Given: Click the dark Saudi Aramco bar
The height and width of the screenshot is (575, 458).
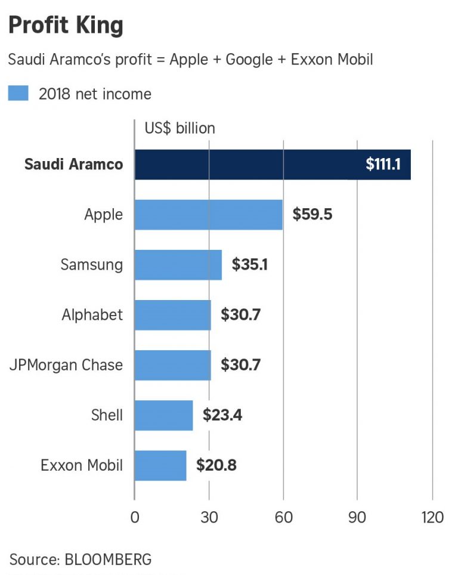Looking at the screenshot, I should pos(250,165).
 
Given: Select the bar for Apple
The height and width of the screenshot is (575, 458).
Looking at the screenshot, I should pos(208,215).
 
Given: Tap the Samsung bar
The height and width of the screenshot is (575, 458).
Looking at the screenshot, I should pos(178,265).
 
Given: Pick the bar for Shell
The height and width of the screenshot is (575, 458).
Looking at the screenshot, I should pos(163,415).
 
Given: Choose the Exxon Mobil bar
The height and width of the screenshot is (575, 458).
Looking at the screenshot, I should pos(160,465).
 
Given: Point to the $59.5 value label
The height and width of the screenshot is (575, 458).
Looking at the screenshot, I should pos(312,215).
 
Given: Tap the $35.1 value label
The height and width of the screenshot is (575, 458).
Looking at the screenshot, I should pos(249,265).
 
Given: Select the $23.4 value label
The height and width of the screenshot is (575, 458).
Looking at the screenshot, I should pos(222,415).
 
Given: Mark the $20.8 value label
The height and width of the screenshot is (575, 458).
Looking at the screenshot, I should pos(216,465).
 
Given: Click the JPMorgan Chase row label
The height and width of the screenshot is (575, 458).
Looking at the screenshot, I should pos(66,364).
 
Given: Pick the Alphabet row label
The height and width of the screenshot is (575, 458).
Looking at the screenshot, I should pos(92,314).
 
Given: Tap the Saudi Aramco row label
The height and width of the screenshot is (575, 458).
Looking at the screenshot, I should pos(73,165).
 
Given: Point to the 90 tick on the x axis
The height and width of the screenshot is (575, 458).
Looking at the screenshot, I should pos(357,517).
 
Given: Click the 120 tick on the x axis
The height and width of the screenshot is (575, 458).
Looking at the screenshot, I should pos(432,517).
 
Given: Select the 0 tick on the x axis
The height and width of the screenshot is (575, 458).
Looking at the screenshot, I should pos(135,517).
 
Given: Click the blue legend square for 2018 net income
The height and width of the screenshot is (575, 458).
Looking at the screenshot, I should pos(18,94).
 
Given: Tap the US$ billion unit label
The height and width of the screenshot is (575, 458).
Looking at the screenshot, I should pos(180,128).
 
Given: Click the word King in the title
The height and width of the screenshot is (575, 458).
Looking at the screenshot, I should pos(101,25).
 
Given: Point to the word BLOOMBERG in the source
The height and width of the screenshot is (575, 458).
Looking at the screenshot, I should pos(108,559).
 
